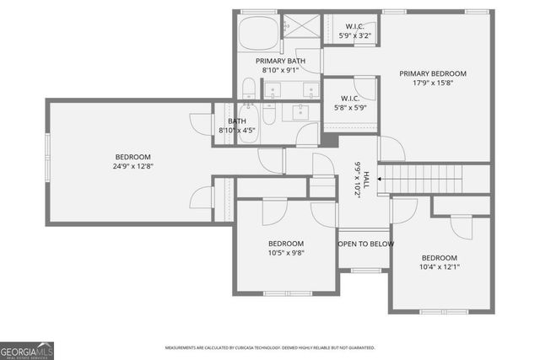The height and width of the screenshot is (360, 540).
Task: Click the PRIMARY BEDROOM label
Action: click(x=432, y=73)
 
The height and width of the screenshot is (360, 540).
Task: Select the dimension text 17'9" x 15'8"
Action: click(x=432, y=83)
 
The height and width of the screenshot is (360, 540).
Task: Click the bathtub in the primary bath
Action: click(x=256, y=34)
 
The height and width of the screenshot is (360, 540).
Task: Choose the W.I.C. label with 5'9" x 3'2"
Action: click(x=353, y=26)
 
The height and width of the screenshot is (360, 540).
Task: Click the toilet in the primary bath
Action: click(x=250, y=89)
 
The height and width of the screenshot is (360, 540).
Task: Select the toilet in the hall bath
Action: click(x=269, y=114)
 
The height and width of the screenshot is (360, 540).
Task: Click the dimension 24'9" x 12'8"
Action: click(x=133, y=166)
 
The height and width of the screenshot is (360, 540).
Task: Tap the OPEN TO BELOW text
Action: click(x=364, y=244)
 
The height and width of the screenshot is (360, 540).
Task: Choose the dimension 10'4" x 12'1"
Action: click(x=440, y=267)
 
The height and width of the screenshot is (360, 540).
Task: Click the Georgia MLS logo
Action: click(x=27, y=350)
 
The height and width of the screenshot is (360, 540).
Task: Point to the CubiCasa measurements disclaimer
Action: click(x=270, y=347)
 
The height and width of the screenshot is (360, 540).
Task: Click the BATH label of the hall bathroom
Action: click(x=237, y=121)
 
